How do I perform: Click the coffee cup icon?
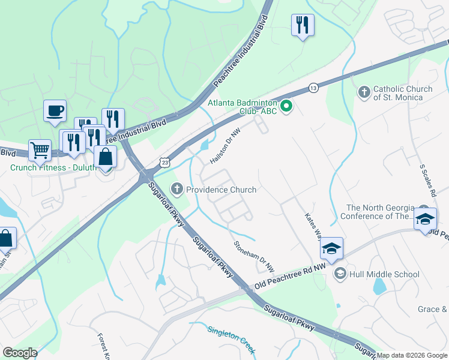(55, 110)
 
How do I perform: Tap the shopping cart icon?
(40, 150)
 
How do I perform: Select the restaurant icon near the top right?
(303, 25)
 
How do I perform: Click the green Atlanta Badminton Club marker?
(287, 107)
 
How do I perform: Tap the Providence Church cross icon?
(177, 190)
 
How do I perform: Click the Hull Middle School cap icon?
(340, 274)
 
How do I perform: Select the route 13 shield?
(313, 88)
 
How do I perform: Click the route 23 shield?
(165, 163)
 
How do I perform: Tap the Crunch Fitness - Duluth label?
(53, 167)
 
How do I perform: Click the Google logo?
(20, 353)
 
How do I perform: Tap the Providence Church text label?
(221, 190)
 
